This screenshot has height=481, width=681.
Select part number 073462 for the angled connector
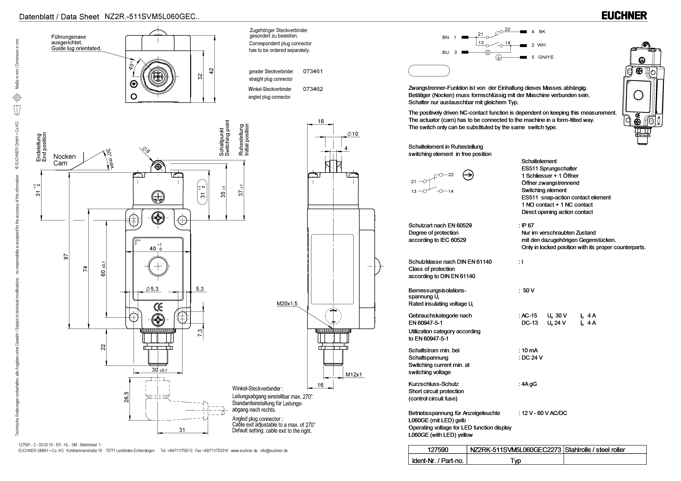pyautogui.click(x=313, y=89)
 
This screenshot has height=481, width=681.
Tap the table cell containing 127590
pyautogui.click(x=438, y=450)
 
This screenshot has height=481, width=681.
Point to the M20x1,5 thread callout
pyautogui.click(x=287, y=304)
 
